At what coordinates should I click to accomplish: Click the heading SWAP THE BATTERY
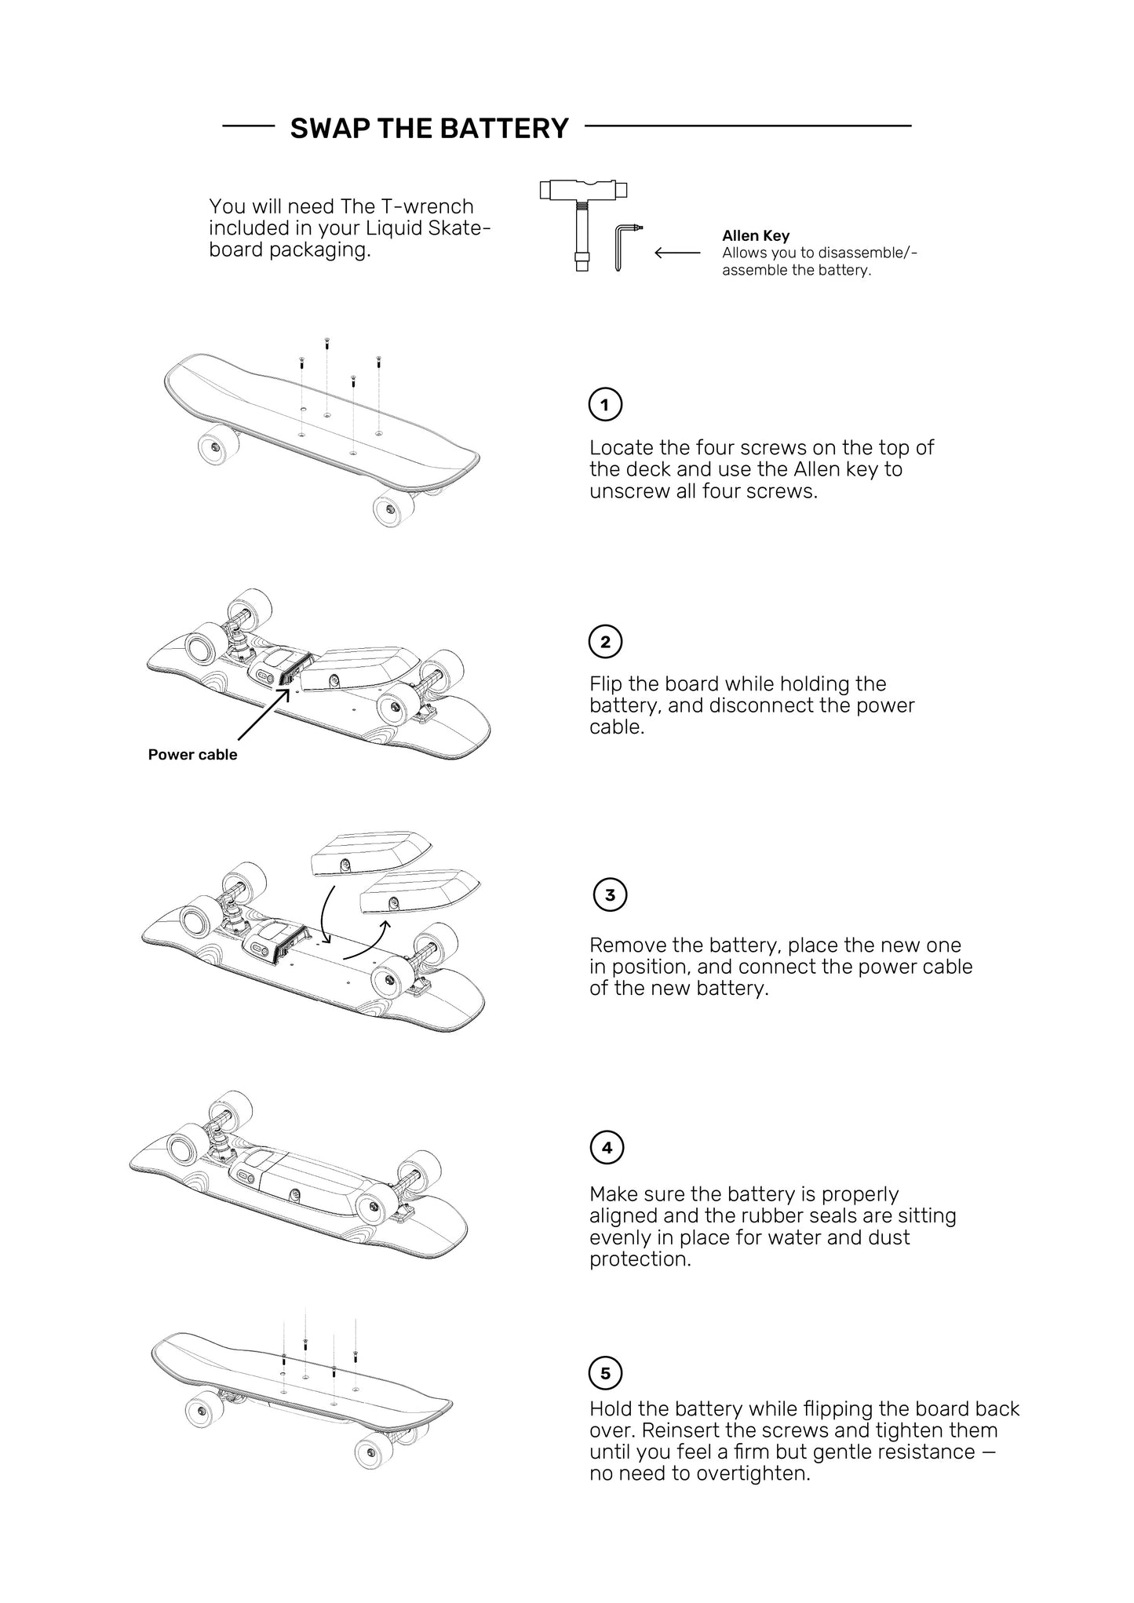point(429,128)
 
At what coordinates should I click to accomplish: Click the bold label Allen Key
point(756,235)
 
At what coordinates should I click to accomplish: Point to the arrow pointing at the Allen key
point(677,253)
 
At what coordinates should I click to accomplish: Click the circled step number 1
point(605,405)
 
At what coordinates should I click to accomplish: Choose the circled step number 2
point(605,642)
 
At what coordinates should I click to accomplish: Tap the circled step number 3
point(610,895)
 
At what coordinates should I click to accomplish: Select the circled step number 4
point(607,1148)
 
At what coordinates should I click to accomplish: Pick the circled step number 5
point(605,1373)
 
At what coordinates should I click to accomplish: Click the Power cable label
point(192,755)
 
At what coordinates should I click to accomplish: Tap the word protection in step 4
point(639,1259)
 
